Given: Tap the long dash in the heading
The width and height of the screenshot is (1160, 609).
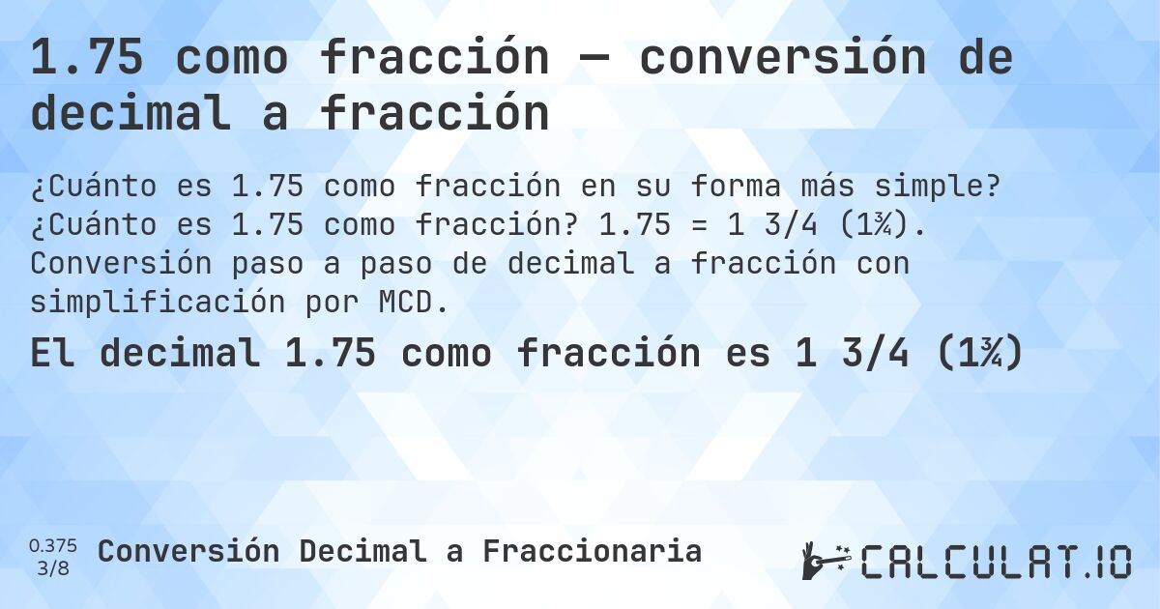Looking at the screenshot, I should pos(594,60).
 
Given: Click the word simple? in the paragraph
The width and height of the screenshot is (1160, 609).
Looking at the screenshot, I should pos(939,187).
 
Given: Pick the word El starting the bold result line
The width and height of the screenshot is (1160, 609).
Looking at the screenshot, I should pos(53,355).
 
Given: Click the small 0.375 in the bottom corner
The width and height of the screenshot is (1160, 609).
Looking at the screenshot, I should pos(53,545).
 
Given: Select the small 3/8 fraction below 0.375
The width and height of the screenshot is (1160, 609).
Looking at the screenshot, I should pos(53,568).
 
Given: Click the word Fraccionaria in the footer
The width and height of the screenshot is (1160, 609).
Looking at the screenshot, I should pos(592,551).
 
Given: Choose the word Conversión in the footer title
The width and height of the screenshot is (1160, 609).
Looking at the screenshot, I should pos(188,551).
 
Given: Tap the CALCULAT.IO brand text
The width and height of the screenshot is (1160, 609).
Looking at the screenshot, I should pos(997,562).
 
